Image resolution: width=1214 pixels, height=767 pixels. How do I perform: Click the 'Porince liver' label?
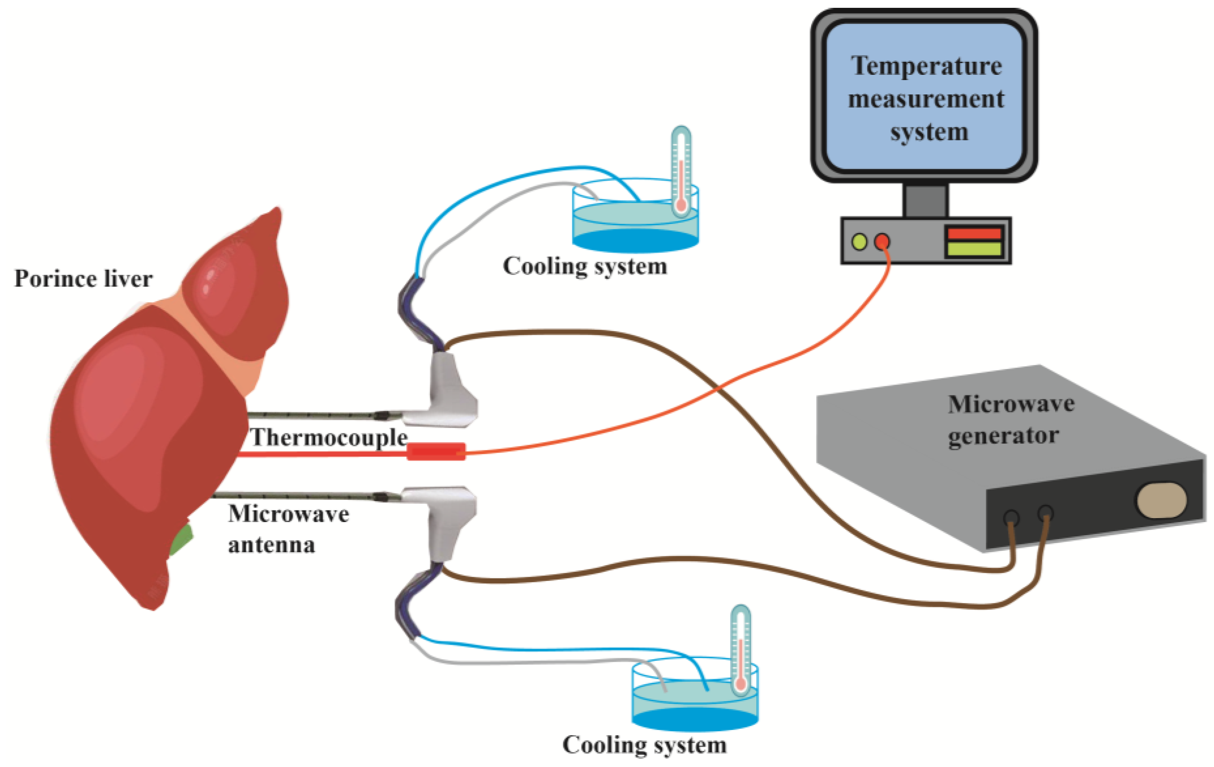(83, 279)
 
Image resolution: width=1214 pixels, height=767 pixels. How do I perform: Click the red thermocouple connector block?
(436, 451)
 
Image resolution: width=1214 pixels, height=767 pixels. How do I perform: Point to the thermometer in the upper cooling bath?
(681, 171)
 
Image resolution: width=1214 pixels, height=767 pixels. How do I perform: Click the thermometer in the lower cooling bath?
(740, 651)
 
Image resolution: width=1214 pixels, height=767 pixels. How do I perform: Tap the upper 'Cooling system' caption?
(585, 266)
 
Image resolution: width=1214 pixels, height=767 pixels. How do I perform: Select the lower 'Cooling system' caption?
(644, 745)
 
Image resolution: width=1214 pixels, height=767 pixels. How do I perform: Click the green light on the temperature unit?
(859, 242)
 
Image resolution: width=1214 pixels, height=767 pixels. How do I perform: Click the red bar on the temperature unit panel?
(975, 233)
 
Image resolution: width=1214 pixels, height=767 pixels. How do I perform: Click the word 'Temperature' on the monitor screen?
(927, 66)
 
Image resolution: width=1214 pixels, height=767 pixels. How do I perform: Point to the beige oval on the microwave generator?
(1161, 500)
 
